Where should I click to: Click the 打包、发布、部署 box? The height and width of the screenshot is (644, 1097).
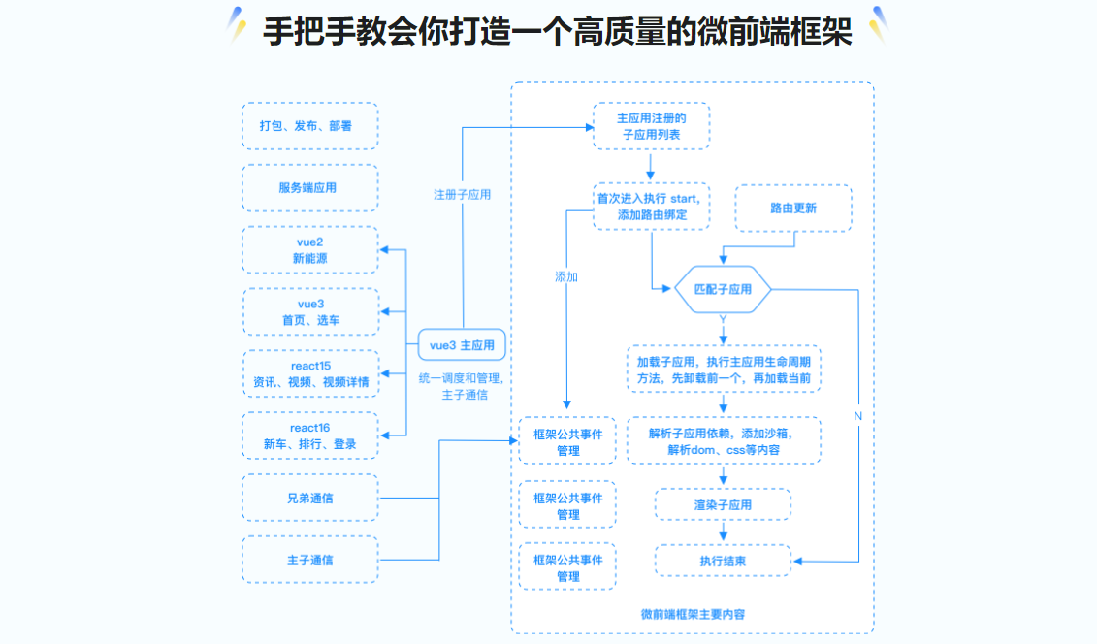click(x=310, y=126)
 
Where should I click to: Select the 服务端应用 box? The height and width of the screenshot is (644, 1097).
click(x=310, y=188)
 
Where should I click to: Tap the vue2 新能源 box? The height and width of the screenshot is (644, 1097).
click(x=310, y=250)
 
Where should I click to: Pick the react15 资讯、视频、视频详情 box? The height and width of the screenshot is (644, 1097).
click(x=310, y=374)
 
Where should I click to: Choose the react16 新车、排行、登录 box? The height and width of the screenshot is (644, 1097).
click(x=310, y=435)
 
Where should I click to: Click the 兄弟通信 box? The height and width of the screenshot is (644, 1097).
click(x=310, y=499)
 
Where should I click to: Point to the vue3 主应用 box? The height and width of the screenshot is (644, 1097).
click(x=463, y=345)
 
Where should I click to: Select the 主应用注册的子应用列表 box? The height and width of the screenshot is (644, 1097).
click(x=651, y=127)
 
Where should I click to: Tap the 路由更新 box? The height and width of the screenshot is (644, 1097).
click(x=793, y=209)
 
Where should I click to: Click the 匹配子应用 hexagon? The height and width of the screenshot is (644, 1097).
click(x=723, y=290)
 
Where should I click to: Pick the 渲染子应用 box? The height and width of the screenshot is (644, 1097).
click(x=723, y=505)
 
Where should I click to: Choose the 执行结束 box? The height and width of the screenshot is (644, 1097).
click(x=723, y=561)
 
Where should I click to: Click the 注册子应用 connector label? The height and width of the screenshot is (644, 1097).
click(x=462, y=195)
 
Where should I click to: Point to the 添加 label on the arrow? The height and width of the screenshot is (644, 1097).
click(x=566, y=277)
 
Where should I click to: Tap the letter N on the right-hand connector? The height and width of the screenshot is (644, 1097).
click(x=857, y=416)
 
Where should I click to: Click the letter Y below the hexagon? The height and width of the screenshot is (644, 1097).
click(x=723, y=320)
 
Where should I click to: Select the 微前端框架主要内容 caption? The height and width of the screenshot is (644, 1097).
click(x=693, y=614)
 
